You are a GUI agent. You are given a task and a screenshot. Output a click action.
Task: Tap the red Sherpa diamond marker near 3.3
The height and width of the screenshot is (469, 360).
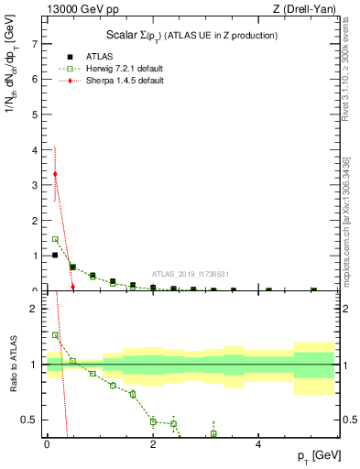click(55, 174)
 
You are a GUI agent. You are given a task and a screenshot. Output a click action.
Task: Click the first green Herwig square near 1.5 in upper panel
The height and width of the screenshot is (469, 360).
click(55, 239)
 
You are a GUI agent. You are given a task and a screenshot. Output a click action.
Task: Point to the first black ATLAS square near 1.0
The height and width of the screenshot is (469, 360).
click(55, 255)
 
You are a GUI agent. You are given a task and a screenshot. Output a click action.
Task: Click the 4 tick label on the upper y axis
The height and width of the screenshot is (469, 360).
click(35, 149)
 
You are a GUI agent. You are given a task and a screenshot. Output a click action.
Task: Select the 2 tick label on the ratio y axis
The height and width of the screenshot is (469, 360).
click(35, 308)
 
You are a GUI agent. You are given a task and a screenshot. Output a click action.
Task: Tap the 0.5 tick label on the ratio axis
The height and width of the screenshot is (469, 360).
click(31, 420)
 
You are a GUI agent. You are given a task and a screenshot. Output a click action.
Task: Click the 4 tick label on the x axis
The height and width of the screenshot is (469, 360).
click(259, 444)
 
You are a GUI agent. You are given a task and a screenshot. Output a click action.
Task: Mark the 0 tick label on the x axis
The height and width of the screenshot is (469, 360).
click(47, 444)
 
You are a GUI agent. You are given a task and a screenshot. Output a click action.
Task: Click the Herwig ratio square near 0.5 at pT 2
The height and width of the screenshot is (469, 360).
click(153, 421)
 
